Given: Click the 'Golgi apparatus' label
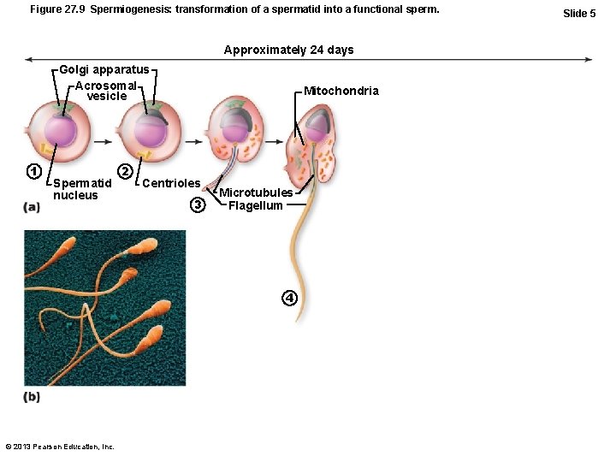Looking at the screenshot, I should click(x=104, y=69).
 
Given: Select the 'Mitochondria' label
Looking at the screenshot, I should click(x=341, y=91).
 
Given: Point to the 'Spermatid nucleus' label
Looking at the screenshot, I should click(x=81, y=189).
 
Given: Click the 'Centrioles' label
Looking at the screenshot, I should click(x=171, y=183).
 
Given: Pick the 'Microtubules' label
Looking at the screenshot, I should click(x=256, y=192).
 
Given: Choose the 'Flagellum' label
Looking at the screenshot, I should click(x=256, y=205).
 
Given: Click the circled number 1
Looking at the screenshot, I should click(x=33, y=171).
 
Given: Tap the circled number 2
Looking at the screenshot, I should click(x=125, y=171).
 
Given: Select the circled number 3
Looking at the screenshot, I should click(x=198, y=205).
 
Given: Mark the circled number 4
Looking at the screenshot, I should click(x=290, y=298).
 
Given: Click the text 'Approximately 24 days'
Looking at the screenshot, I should click(x=288, y=50).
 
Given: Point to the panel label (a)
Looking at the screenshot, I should click(x=32, y=207).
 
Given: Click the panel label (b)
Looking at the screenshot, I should click(x=32, y=397).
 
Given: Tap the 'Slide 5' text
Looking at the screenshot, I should click(x=579, y=13).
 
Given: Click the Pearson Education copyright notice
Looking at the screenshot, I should click(x=60, y=447).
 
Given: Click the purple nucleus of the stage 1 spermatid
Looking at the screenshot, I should click(x=61, y=131).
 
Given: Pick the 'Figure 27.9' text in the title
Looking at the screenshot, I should click(x=56, y=9).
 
